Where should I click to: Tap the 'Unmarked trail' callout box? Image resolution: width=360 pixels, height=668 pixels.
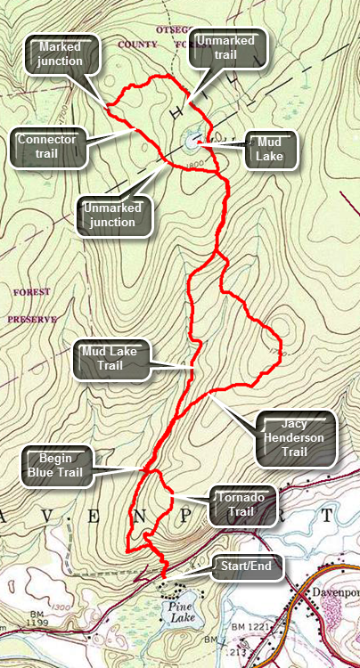pyautogui.click(x=228, y=48)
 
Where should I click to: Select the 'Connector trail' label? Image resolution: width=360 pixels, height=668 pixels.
pyautogui.click(x=48, y=147)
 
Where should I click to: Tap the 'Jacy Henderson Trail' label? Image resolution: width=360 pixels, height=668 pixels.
pyautogui.click(x=294, y=437)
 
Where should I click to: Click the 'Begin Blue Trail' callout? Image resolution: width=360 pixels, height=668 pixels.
pyautogui.click(x=57, y=465)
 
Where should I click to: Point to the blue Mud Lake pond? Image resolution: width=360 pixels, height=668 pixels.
pyautogui.click(x=192, y=140)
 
